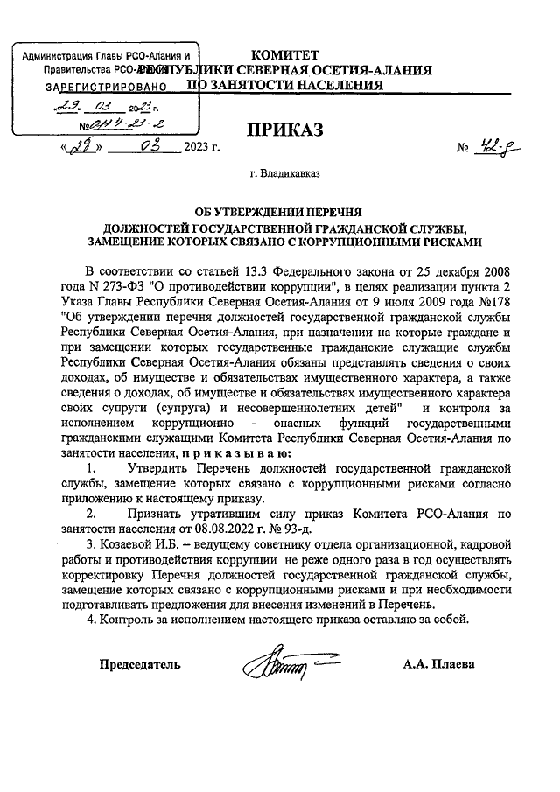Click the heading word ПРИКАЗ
(x=284, y=131)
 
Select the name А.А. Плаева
(x=438, y=664)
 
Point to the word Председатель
(x=139, y=664)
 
